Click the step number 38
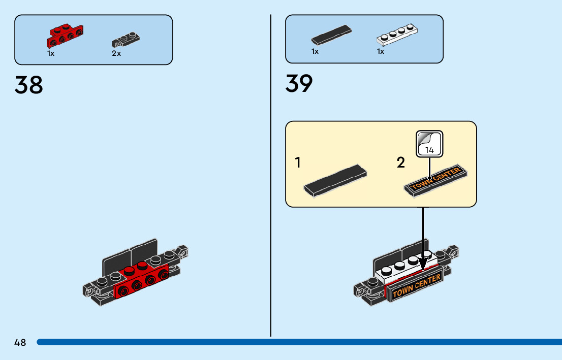[x=28, y=85]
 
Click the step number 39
[x=299, y=83]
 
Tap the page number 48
[x=20, y=342]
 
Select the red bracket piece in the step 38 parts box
[x=65, y=36]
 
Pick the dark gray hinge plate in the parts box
[x=126, y=40]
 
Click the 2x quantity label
[x=116, y=53]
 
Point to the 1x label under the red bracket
[x=50, y=53]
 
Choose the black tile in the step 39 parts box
[x=331, y=35]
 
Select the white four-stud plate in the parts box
[x=397, y=35]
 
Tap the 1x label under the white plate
[x=380, y=52]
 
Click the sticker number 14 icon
[x=429, y=144]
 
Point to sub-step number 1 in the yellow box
[x=297, y=162]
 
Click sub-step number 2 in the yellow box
[x=401, y=162]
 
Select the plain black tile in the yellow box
[x=335, y=181]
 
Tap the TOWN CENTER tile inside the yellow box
[x=436, y=180]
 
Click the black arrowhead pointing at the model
[x=423, y=264]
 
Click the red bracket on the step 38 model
[x=141, y=280]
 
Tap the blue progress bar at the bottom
[x=299, y=342]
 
